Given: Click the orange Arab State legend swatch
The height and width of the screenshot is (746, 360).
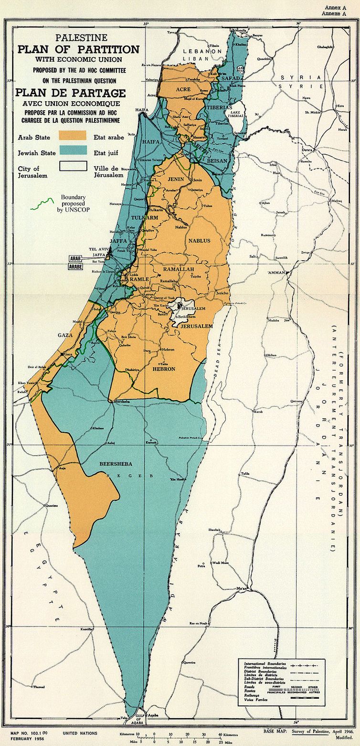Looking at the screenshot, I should point(73,136).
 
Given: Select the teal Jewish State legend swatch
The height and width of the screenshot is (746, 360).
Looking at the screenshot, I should point(73,151).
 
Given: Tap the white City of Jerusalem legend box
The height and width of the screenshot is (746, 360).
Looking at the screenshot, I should point(73,166).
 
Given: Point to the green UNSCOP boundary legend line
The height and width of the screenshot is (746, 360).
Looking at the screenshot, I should point(40,204).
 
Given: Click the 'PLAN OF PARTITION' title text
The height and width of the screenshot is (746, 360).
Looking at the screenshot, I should point(78,50).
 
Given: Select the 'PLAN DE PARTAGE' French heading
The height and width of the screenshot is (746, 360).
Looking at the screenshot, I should point(71,93).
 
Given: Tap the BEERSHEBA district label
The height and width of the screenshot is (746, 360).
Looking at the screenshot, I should point(112,464).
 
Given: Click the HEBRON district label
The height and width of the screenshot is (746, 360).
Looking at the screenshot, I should point(164,369).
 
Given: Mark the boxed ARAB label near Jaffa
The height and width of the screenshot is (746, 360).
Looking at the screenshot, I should point(75,258).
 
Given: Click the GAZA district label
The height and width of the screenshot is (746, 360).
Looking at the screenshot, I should point(65,336).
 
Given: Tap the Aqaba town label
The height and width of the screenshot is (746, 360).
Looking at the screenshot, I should point(152,715).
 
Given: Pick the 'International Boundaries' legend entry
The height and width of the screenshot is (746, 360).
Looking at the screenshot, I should point(265,664).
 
